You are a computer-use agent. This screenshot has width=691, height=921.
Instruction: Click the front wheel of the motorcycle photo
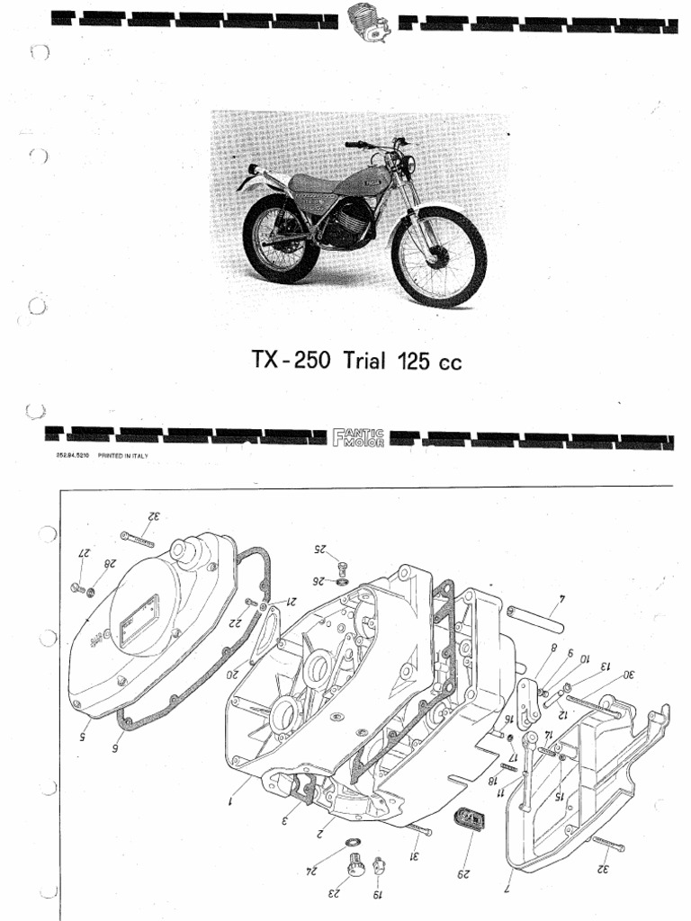[438, 256]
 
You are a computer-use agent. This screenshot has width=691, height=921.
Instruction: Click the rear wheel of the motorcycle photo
[281, 238]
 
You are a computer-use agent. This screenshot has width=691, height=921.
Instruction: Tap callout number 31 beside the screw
[417, 854]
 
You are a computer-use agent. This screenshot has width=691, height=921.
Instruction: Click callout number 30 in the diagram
[627, 674]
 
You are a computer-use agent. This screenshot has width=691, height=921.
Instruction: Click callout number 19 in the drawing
[379, 894]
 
